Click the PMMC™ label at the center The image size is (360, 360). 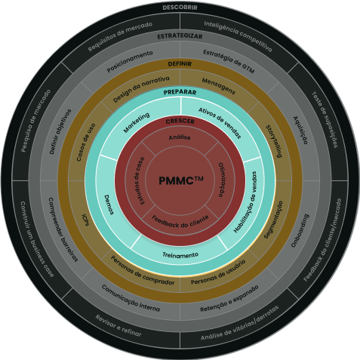180,181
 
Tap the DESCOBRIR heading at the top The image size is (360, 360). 180,8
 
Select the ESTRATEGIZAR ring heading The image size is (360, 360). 180,36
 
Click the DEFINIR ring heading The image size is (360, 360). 180,64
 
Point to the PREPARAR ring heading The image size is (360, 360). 180,92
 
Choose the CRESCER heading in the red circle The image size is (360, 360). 180,121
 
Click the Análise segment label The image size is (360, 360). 180,137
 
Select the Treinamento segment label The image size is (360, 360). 180,255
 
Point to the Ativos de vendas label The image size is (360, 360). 219,118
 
